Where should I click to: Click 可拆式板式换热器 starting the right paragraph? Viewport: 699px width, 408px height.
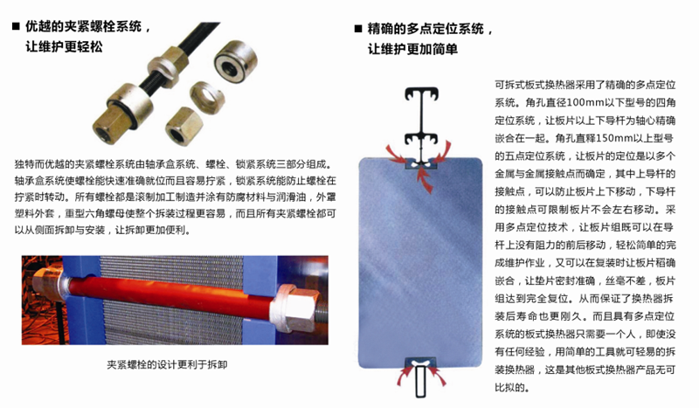click(536, 86)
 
